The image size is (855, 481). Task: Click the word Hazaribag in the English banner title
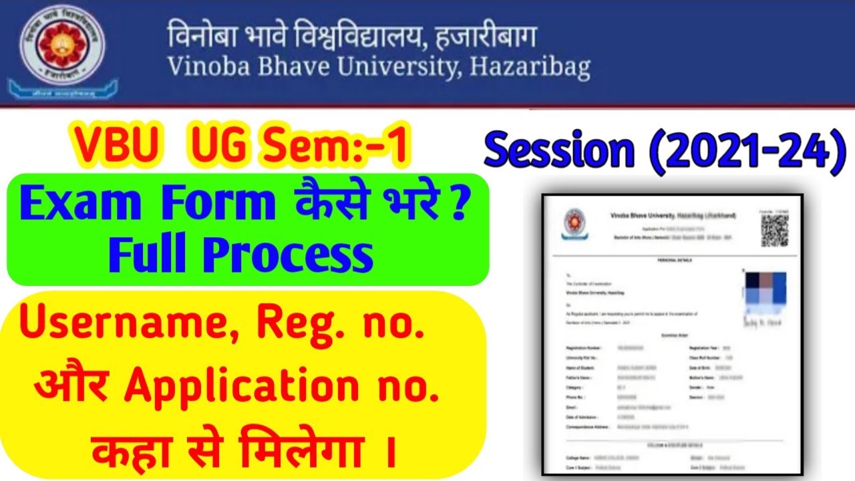click(530, 67)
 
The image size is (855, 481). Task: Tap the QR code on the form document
click(775, 230)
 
